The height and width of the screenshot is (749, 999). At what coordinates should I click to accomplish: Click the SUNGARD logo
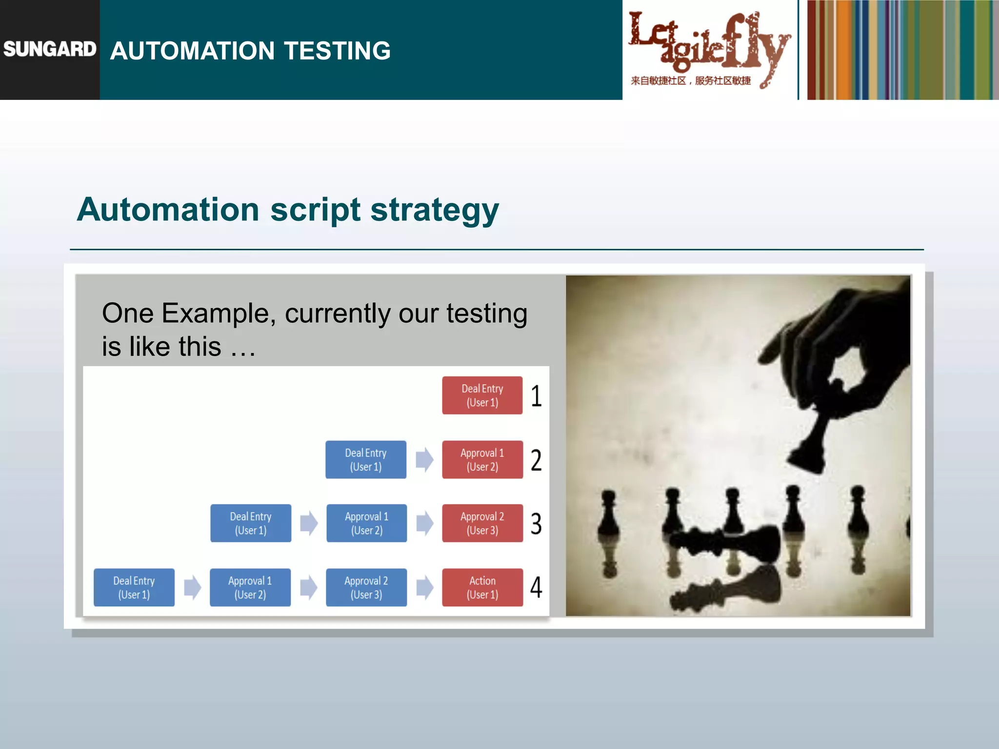[50, 49]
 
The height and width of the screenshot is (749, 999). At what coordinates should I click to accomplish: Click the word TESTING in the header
[337, 51]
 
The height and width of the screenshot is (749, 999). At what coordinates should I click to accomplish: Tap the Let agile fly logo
[708, 49]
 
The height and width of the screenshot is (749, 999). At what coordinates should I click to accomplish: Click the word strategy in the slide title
[435, 210]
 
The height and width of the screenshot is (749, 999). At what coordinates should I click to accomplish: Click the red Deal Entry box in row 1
[482, 395]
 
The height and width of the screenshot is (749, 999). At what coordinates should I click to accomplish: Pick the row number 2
[536, 460]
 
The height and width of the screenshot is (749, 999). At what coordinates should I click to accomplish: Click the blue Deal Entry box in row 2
[366, 460]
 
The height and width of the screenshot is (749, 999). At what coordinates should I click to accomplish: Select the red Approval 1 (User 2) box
[482, 460]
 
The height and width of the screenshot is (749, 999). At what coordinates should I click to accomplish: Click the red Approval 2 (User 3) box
[482, 523]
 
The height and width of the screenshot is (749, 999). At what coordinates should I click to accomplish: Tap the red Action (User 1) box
[482, 588]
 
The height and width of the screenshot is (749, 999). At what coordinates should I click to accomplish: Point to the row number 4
[536, 588]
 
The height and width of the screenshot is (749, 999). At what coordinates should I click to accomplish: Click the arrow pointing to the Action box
[425, 588]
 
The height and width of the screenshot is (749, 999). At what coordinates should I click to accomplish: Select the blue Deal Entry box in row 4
[134, 588]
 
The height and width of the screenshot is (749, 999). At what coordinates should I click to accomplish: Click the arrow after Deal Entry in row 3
[309, 523]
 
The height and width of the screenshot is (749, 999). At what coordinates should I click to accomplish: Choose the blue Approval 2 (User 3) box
[366, 588]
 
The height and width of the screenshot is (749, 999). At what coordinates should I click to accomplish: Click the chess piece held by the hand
[812, 444]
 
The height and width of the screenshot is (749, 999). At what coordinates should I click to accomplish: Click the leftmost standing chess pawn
[609, 517]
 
